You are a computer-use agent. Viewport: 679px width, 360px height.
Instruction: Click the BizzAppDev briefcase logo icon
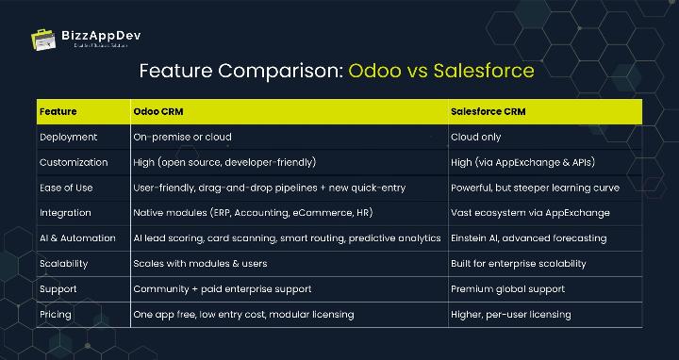click(43, 40)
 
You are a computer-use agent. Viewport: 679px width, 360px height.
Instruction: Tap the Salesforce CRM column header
click(488, 111)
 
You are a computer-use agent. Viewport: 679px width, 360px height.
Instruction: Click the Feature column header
click(58, 111)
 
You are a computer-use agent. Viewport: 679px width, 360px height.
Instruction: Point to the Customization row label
click(74, 162)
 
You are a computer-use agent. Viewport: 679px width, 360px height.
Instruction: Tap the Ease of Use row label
click(66, 188)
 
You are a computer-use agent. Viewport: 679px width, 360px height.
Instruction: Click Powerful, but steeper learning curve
click(535, 188)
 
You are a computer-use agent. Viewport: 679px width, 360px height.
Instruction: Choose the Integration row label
click(64, 213)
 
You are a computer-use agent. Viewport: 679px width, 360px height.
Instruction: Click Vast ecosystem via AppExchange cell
click(529, 213)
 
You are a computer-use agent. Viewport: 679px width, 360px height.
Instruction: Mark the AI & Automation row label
click(77, 238)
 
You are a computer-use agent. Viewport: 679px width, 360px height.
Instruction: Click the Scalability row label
click(65, 264)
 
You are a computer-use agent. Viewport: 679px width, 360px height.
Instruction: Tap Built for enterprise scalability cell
click(519, 264)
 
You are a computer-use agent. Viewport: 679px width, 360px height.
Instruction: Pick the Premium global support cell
click(508, 288)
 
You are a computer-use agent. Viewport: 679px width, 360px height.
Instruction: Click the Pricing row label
click(57, 314)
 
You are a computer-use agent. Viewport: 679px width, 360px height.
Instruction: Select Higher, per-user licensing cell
click(512, 314)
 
